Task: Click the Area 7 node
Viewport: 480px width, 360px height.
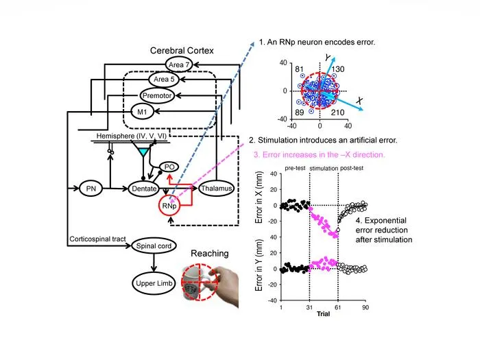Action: coord(179,64)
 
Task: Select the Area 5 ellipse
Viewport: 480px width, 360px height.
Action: coord(164,80)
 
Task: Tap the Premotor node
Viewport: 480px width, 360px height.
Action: coord(157,95)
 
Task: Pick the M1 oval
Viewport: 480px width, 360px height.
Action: coord(142,112)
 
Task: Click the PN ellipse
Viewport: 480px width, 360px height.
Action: coord(91,189)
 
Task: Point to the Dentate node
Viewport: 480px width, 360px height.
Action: coord(144,189)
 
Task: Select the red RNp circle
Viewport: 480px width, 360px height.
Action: coord(169,206)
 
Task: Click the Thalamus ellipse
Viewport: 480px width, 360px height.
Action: coord(217,189)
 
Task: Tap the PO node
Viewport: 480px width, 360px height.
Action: coord(169,167)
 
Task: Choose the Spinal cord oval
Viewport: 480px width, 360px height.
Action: coord(154,245)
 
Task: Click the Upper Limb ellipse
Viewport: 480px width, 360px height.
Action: coord(154,283)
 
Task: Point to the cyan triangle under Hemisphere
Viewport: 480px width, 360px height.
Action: coord(143,152)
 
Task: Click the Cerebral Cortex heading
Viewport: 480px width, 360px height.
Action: coord(182,51)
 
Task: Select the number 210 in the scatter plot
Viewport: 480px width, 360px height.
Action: coord(337,112)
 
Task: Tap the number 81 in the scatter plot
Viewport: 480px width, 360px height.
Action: coord(299,69)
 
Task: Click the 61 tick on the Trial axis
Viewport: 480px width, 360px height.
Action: coord(338,307)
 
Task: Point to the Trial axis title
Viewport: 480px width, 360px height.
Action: coord(323,314)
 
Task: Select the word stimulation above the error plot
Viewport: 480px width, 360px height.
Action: coord(324,169)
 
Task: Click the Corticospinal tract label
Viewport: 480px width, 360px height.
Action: coord(97,239)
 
